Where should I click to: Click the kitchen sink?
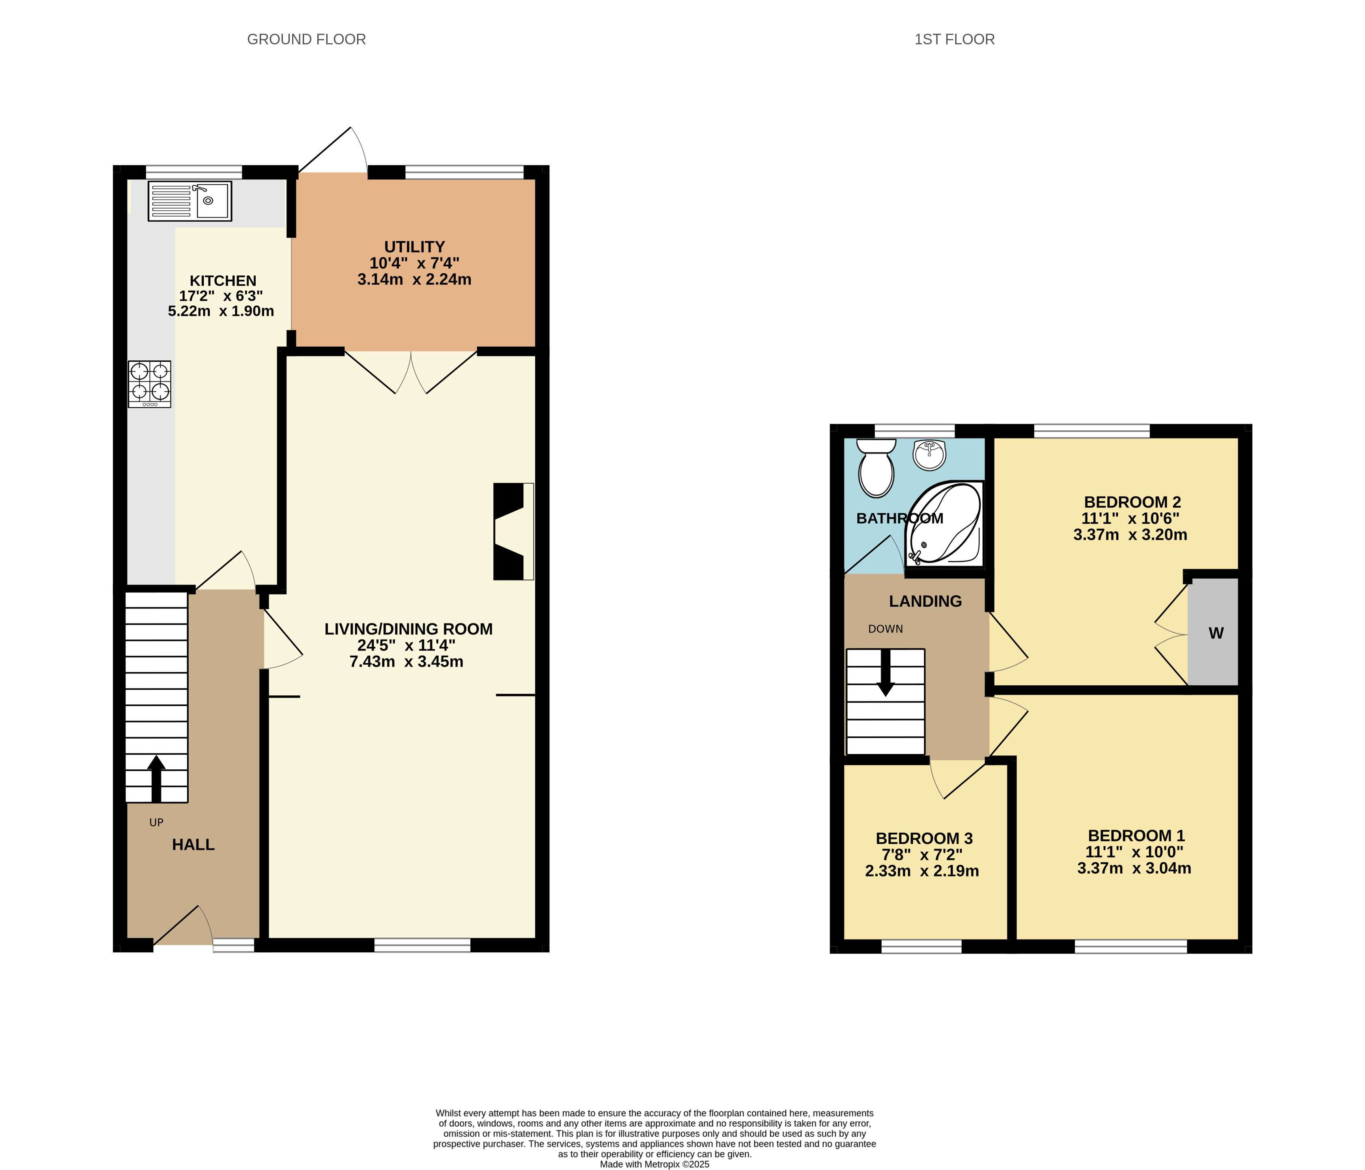click(190, 201)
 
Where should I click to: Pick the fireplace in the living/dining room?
click(513, 531)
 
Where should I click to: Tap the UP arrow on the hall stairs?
click(156, 778)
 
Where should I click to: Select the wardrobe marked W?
click(1214, 633)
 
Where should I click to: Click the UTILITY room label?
click(414, 246)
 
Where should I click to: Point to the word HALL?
click(193, 844)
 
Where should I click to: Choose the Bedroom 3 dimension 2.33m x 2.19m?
click(921, 871)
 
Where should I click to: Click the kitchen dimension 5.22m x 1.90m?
click(221, 311)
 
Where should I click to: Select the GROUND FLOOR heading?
click(306, 39)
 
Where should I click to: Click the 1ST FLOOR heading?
click(955, 39)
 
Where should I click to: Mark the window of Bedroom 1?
click(1130, 947)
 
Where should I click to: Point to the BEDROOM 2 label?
click(1132, 502)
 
